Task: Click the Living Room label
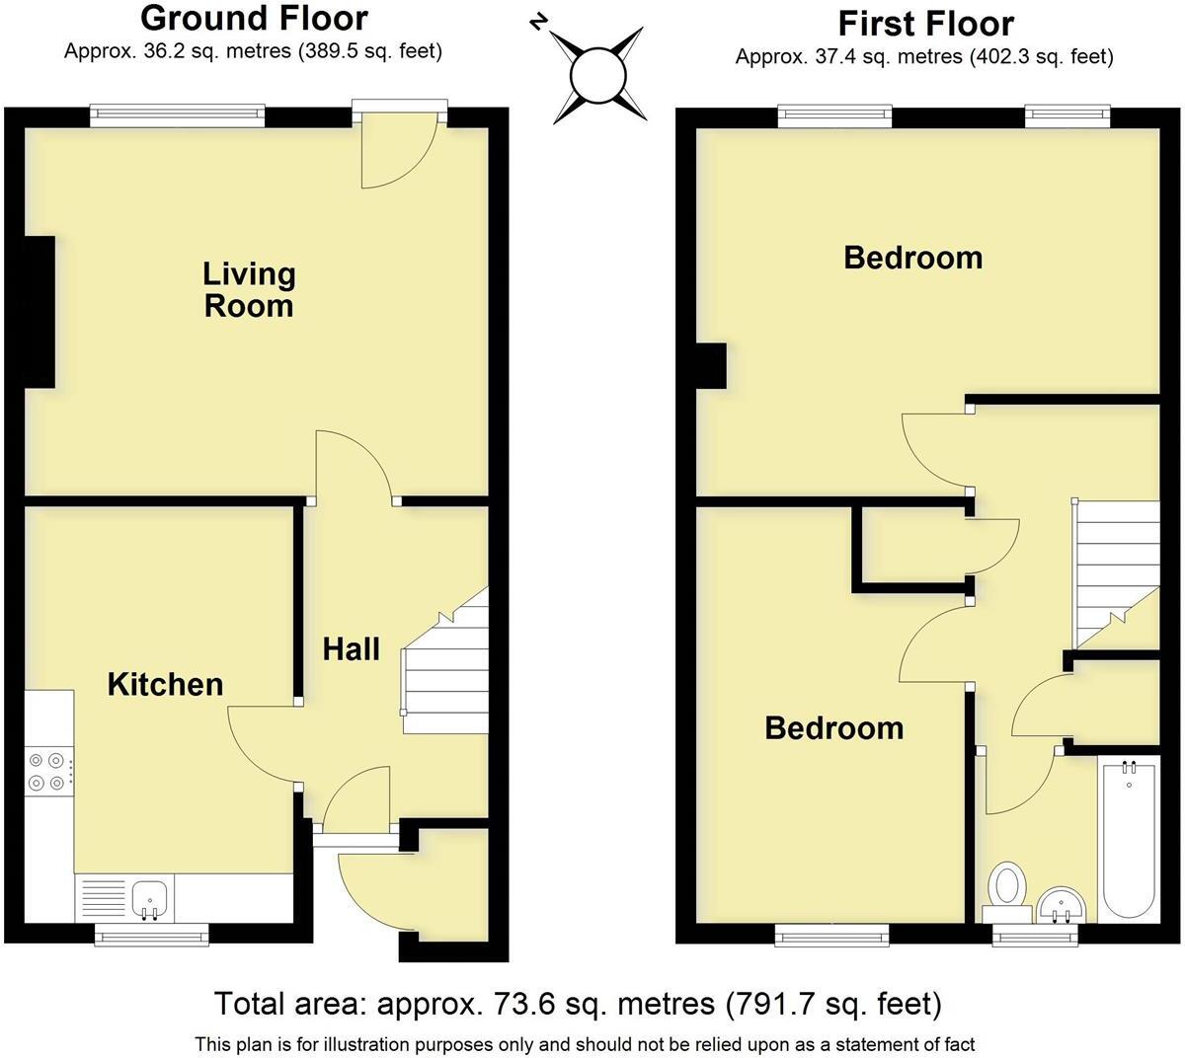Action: pyautogui.click(x=249, y=289)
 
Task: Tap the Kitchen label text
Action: pyautogui.click(x=165, y=684)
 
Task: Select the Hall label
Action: pyautogui.click(x=352, y=648)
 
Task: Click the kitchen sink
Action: pyautogui.click(x=151, y=898)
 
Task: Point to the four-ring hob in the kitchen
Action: pyautogui.click(x=48, y=771)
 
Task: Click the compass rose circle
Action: pyautogui.click(x=598, y=75)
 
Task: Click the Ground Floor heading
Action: pyautogui.click(x=254, y=18)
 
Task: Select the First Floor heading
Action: pyautogui.click(x=925, y=23)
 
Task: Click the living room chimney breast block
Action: pyautogui.click(x=39, y=312)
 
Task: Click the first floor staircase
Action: pyautogui.click(x=1116, y=572)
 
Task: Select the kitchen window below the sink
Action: pyautogui.click(x=151, y=933)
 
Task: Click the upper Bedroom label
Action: pyautogui.click(x=912, y=258)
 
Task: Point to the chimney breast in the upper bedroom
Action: pyautogui.click(x=711, y=365)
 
